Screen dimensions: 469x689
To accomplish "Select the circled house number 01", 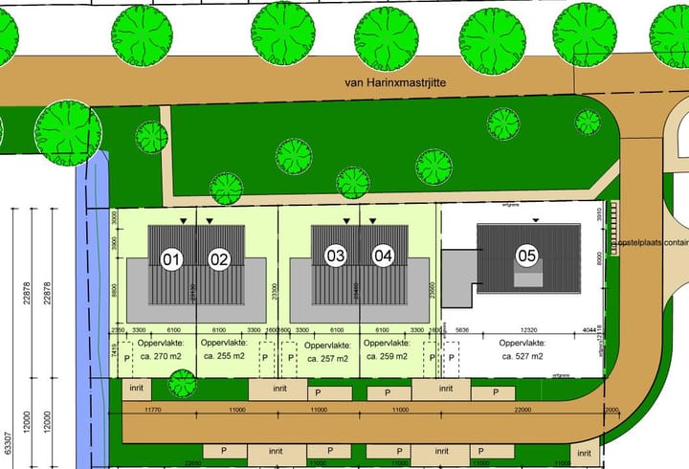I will pos(172,258).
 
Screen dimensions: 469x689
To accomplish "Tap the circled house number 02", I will pos(219,258).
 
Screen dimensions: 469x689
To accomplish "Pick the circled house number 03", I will pos(336,257).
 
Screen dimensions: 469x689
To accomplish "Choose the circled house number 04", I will pos(384,257).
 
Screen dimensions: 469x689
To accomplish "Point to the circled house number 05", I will pos(526,256).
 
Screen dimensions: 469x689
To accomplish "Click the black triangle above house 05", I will pos(536,220).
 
